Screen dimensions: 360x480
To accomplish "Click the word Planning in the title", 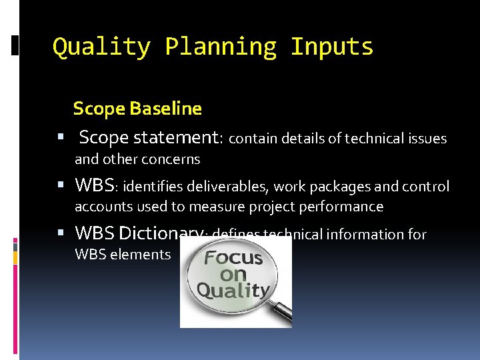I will (x=220, y=47).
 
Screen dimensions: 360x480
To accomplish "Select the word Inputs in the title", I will (x=332, y=47).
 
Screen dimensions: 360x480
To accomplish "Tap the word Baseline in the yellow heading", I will (x=169, y=108).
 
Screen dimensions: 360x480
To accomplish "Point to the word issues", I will (x=427, y=139).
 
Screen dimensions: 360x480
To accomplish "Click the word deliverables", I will (x=229, y=186).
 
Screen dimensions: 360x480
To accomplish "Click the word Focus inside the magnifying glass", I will (x=233, y=257).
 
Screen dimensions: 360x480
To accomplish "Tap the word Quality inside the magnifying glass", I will (x=233, y=290).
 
